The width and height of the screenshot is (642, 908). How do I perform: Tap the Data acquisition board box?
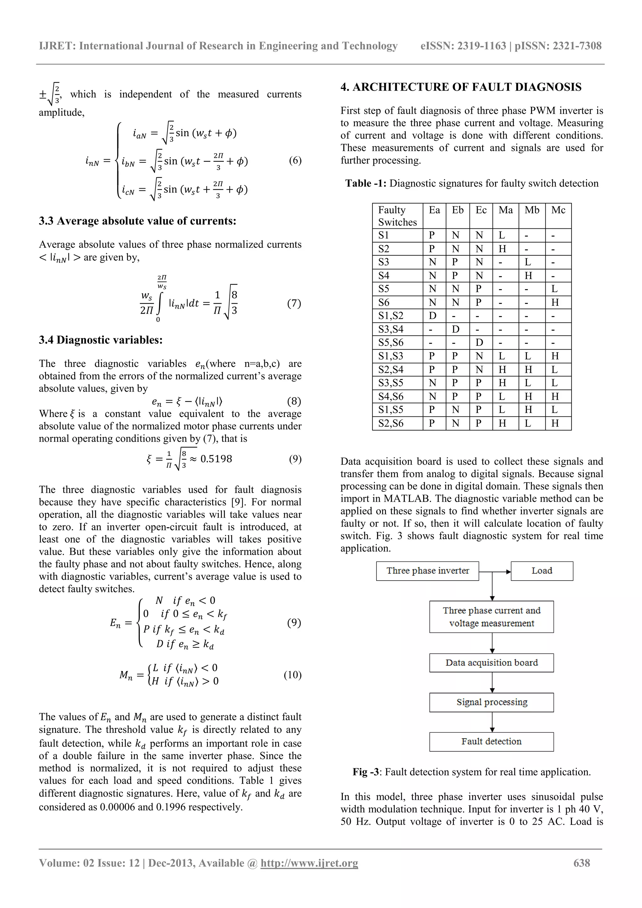point(491,663)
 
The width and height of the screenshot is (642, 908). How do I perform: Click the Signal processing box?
point(491,702)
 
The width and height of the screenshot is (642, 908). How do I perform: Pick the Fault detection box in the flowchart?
point(491,742)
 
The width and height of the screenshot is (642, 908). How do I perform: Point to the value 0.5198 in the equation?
point(216,459)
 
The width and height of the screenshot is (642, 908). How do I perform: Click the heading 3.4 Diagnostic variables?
point(101,340)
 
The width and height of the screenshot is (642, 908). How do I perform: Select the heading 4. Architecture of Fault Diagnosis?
point(461,87)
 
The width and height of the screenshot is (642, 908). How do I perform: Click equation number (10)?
point(292,675)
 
